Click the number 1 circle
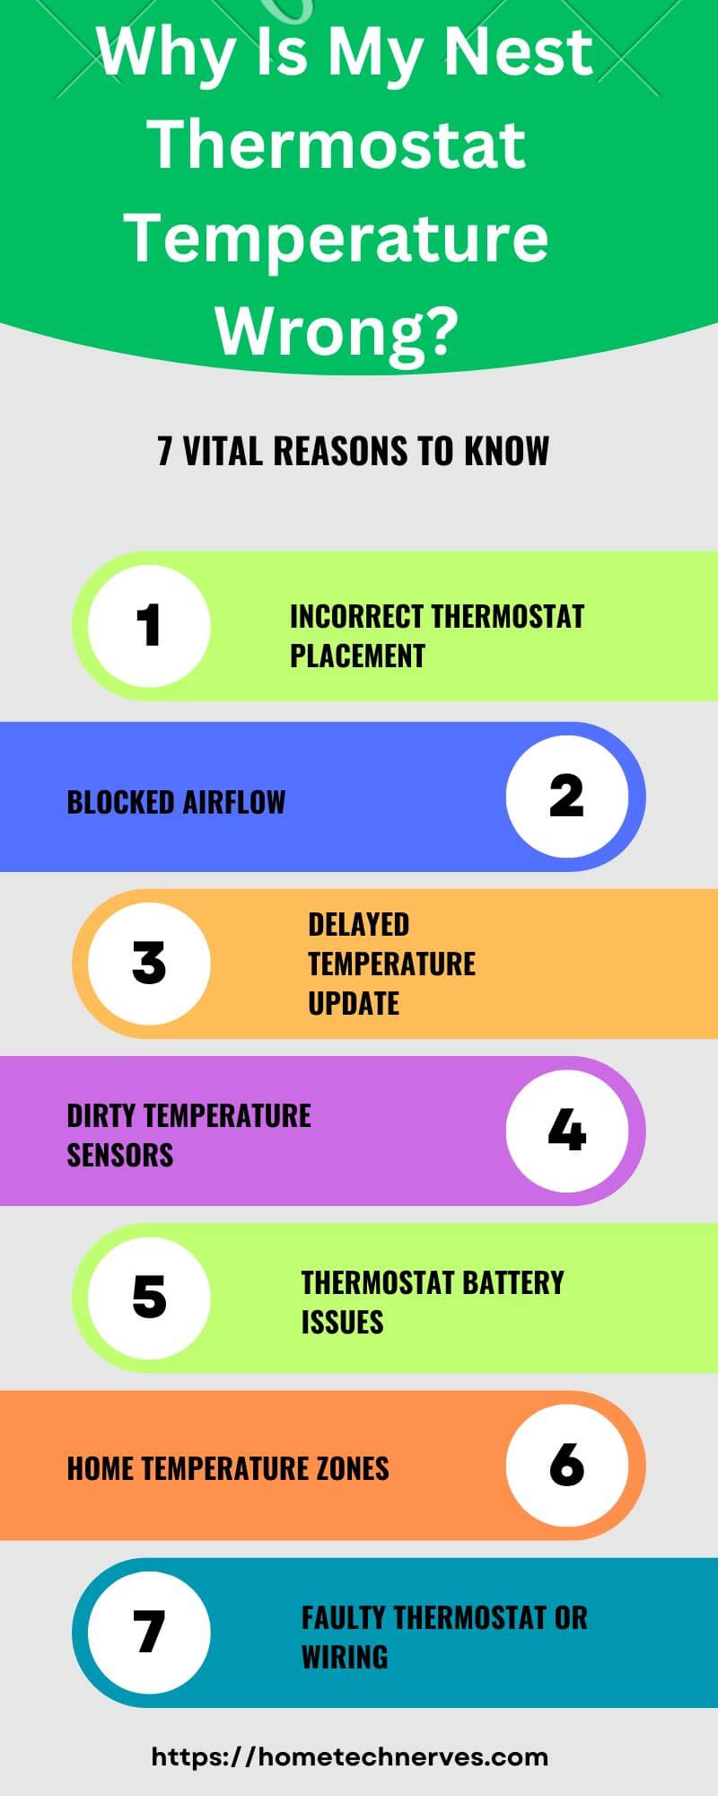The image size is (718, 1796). pyautogui.click(x=149, y=626)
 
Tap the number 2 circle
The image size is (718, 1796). pyautogui.click(x=567, y=797)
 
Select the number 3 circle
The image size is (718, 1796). pyautogui.click(x=149, y=964)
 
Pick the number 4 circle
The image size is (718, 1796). pyautogui.click(x=567, y=1131)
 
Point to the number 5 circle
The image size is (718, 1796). pyautogui.click(x=149, y=1298)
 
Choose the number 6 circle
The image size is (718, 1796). pyautogui.click(x=567, y=1465)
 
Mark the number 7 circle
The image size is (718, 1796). pyautogui.click(x=149, y=1632)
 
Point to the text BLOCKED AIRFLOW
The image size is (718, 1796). pyautogui.click(x=176, y=802)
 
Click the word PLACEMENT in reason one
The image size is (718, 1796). pyautogui.click(x=357, y=656)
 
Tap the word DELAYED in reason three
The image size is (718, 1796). pyautogui.click(x=358, y=924)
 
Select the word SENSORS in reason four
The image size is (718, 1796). pyautogui.click(x=120, y=1154)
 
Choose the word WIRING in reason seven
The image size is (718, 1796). pyautogui.click(x=345, y=1657)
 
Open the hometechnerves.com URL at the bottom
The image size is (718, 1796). pyautogui.click(x=350, y=1757)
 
